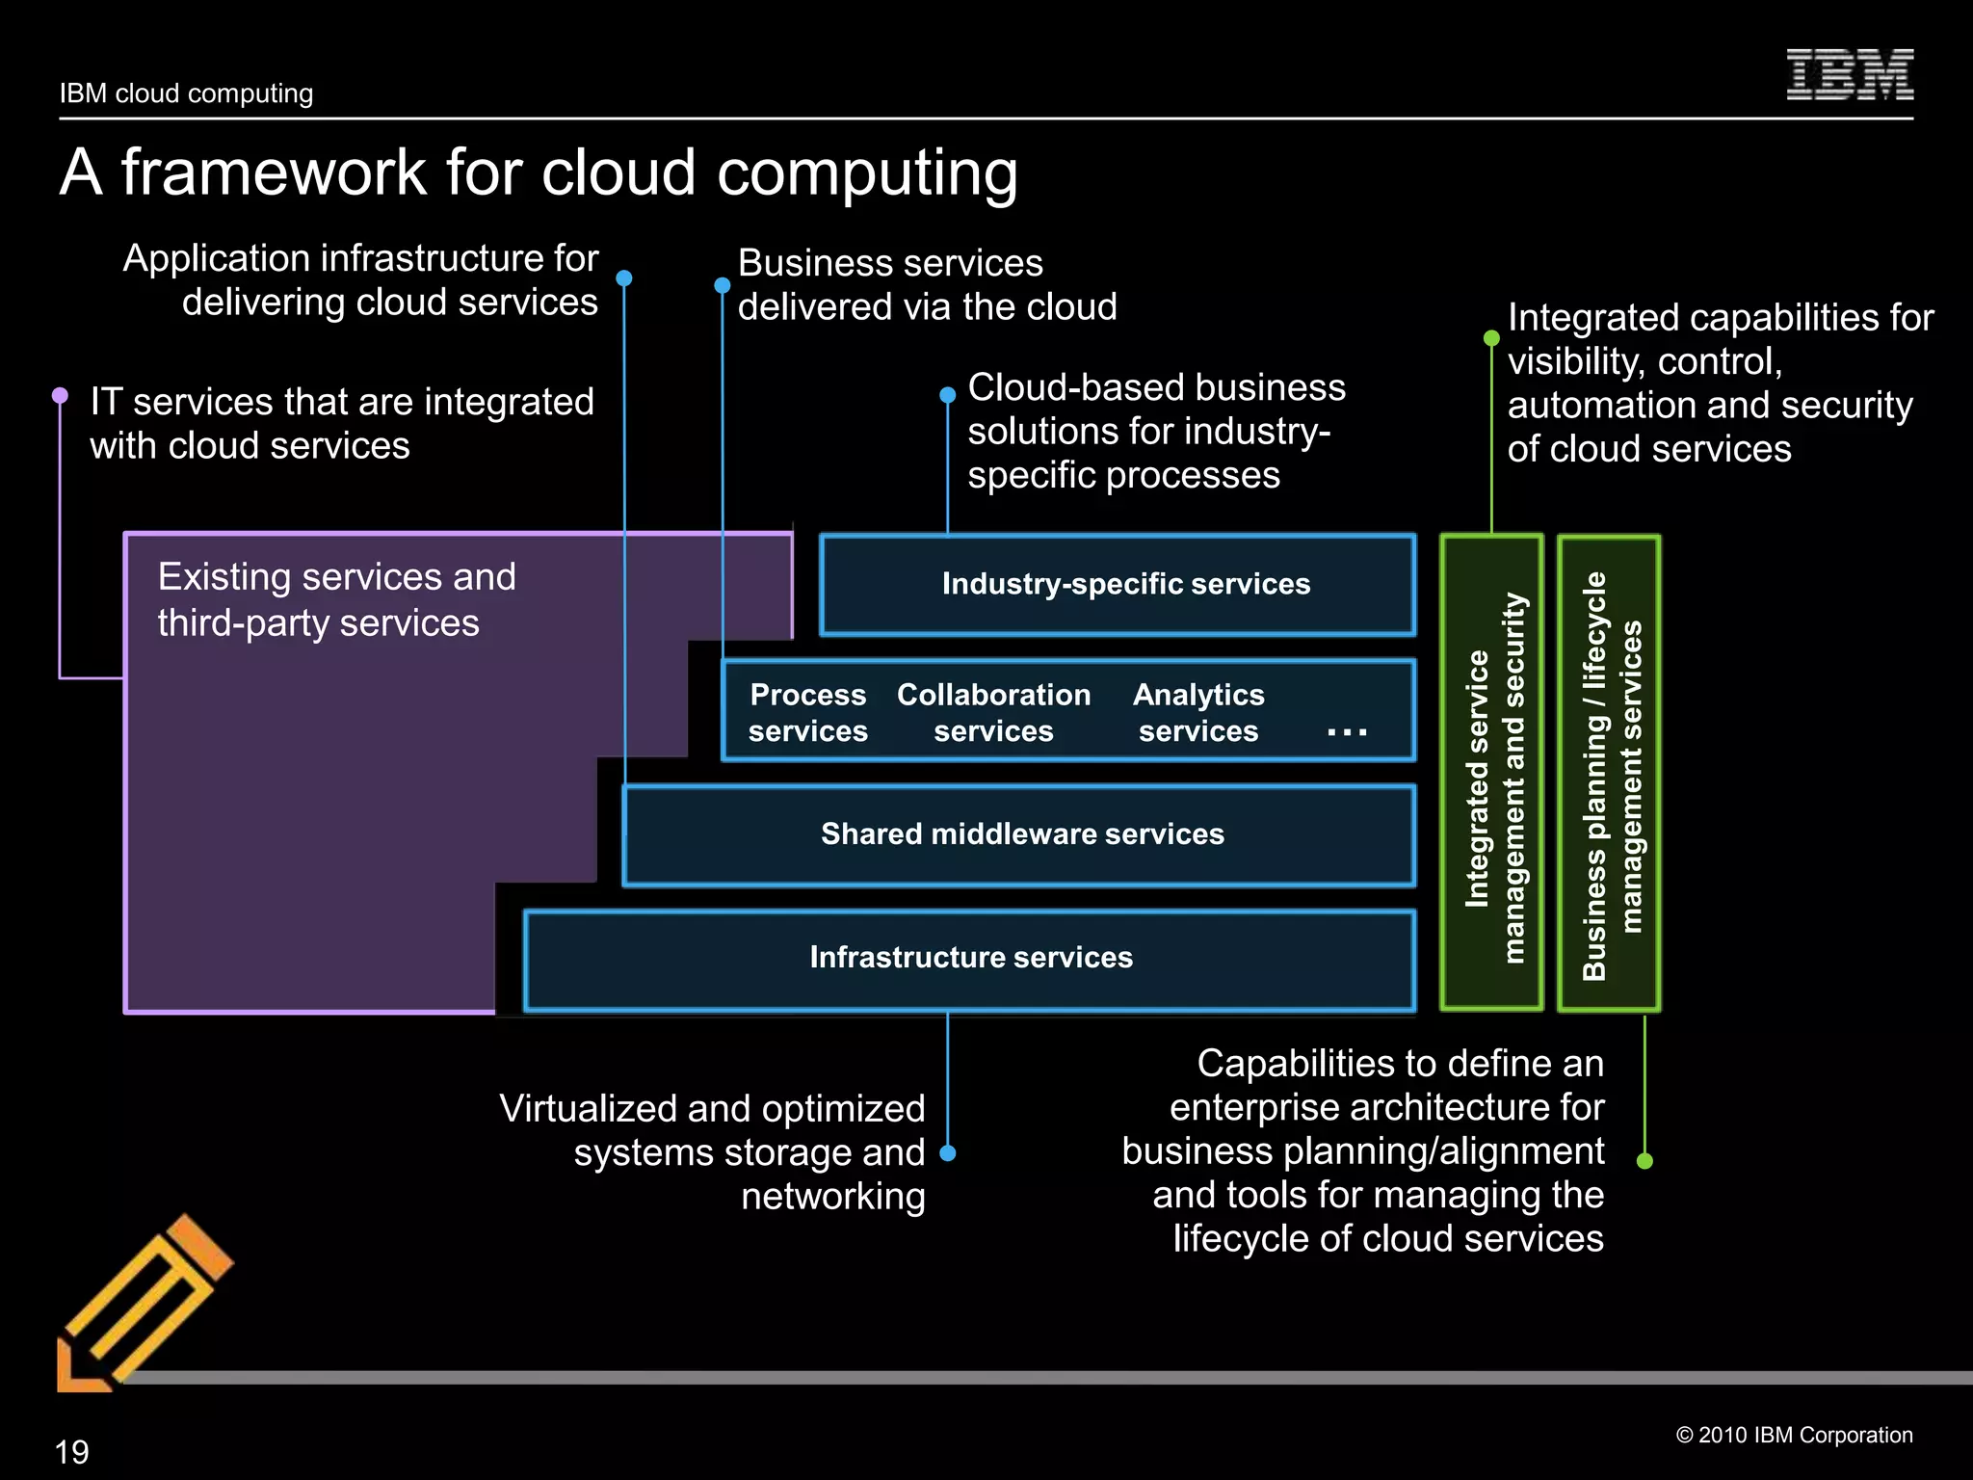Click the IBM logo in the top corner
click(1849, 74)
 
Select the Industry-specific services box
click(1118, 585)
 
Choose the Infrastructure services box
click(969, 958)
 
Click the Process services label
click(807, 713)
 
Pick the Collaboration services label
click(993, 713)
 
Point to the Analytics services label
click(1198, 713)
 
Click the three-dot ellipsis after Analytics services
click(1346, 733)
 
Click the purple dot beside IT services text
click(60, 395)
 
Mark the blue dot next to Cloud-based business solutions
click(947, 395)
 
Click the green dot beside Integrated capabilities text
click(1491, 338)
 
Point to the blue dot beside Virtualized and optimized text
click(947, 1153)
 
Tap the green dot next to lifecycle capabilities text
click(1644, 1161)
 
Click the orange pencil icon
click(145, 1301)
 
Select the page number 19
click(72, 1452)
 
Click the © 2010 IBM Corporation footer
click(1794, 1435)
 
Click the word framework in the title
click(275, 173)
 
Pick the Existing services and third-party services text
click(336, 600)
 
